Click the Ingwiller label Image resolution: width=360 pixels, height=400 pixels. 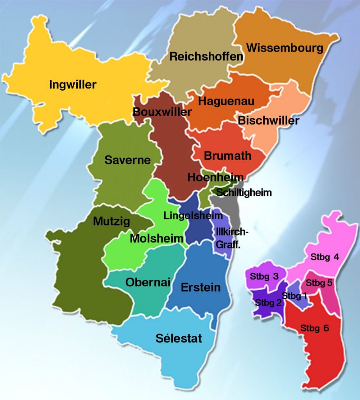click(x=73, y=84)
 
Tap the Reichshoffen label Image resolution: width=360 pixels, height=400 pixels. click(x=206, y=57)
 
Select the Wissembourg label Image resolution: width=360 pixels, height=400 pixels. click(x=285, y=48)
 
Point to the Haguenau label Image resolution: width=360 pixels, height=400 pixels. click(x=226, y=101)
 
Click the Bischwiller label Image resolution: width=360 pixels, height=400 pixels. click(x=269, y=120)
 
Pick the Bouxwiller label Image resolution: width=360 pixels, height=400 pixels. click(x=162, y=112)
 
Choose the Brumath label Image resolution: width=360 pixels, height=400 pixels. click(x=227, y=155)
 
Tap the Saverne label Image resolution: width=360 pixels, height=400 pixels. click(x=127, y=160)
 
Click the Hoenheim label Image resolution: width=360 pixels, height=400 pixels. click(x=215, y=177)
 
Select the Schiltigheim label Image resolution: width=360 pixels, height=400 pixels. click(x=244, y=192)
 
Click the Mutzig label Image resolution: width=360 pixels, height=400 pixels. click(x=111, y=221)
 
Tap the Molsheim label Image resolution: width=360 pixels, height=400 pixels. click(x=157, y=238)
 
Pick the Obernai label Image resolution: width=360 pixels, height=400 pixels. click(x=148, y=282)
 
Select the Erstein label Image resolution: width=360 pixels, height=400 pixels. click(x=201, y=288)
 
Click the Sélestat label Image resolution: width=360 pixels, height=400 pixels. click(x=179, y=338)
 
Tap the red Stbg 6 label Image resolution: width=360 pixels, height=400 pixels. click(x=315, y=328)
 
